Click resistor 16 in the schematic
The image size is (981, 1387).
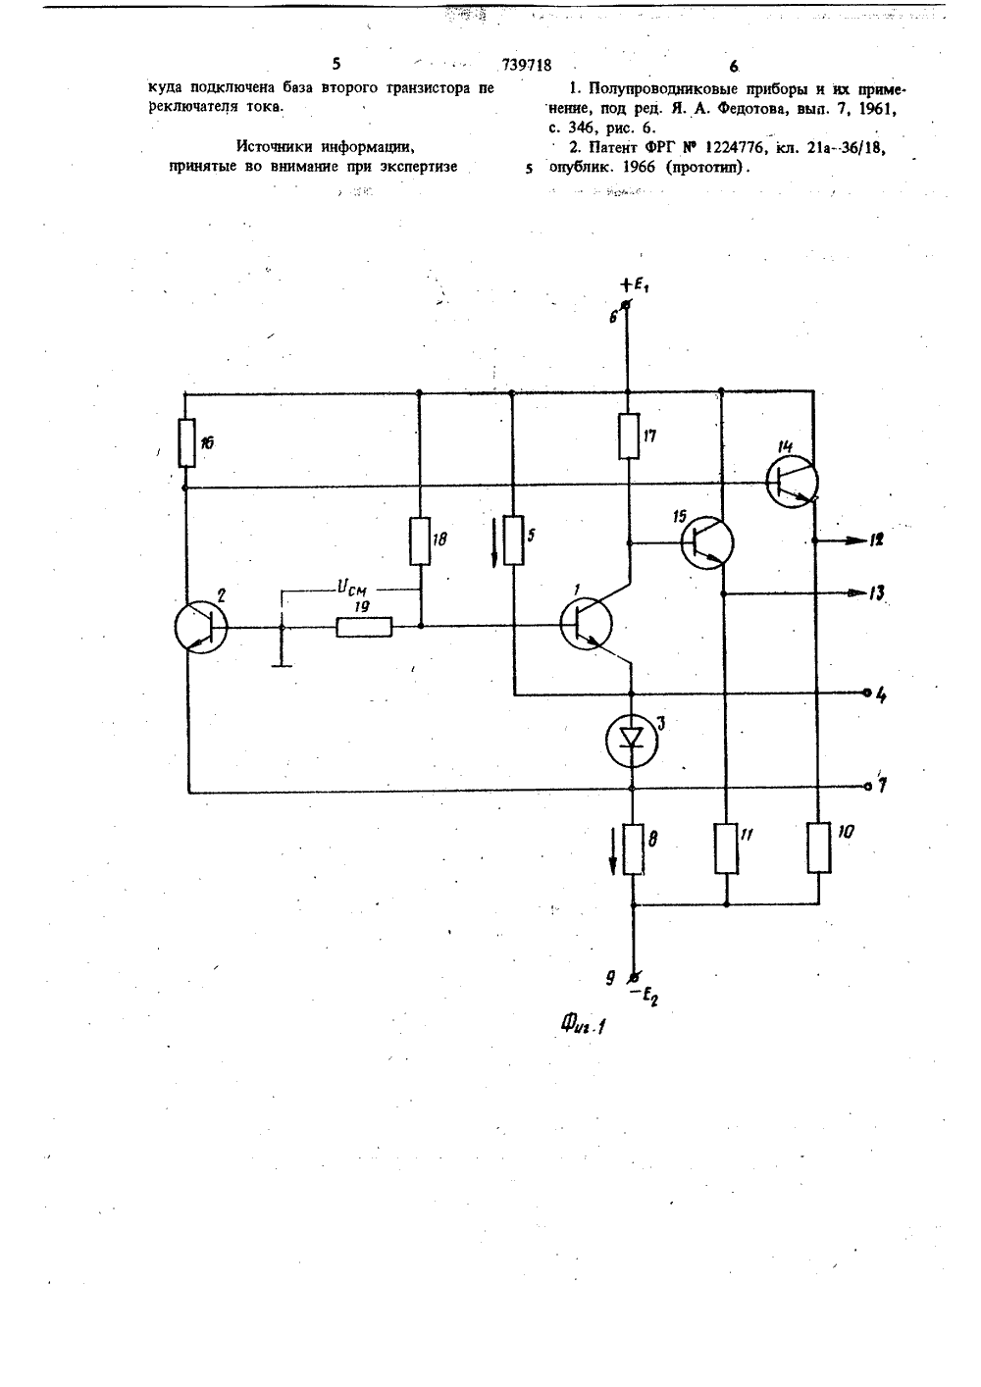[186, 442]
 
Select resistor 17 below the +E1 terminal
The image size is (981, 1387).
[629, 436]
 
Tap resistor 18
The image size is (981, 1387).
[420, 540]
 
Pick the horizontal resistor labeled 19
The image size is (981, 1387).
[364, 627]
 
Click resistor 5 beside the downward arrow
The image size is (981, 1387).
[513, 539]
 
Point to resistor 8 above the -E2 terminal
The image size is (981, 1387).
[633, 848]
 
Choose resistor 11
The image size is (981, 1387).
[726, 848]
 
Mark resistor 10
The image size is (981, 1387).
[819, 848]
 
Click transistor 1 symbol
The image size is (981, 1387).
[586, 624]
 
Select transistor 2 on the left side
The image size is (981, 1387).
[201, 627]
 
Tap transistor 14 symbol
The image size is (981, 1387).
[792, 481]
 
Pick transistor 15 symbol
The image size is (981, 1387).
[707, 542]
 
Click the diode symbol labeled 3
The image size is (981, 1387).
[632, 740]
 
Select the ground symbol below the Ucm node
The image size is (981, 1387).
[282, 665]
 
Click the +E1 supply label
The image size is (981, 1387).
[634, 285]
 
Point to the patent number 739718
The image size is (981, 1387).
[527, 65]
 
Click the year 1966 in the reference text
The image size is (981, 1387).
[639, 168]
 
